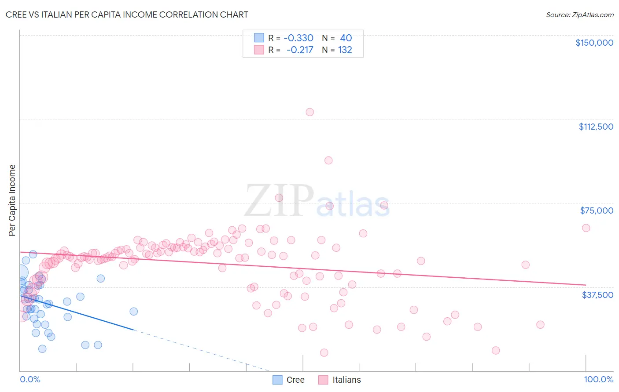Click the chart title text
pos(127,15)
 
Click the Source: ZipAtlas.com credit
pos(579,15)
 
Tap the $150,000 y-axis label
pos(594,43)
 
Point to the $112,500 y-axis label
pos(596,127)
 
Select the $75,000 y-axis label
pos(596,211)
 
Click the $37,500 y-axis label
pos(597,294)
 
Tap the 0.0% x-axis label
pos(30,379)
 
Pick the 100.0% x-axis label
pos(598,379)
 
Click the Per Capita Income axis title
pos(12,200)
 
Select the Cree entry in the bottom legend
pos(295,380)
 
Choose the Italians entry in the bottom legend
pos(346,380)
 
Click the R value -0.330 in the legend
pos(298,38)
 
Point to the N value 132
pos(345,50)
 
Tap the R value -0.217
pos(300,50)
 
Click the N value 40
pos(346,38)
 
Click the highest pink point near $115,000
pos(309,112)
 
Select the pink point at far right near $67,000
pos(586,228)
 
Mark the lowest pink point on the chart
pos(324,352)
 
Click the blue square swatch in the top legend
pos(259,38)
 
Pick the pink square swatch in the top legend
pos(259,50)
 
